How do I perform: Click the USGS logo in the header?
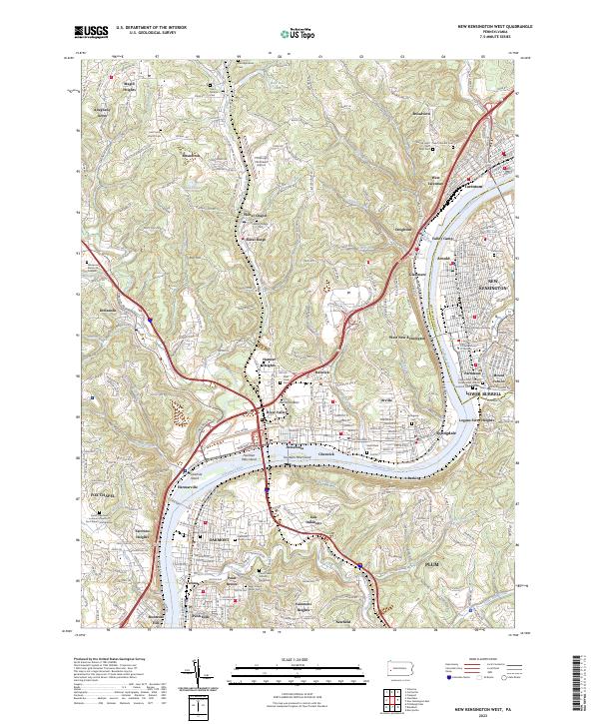(93, 33)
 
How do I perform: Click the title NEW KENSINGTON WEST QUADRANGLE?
(494, 27)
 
